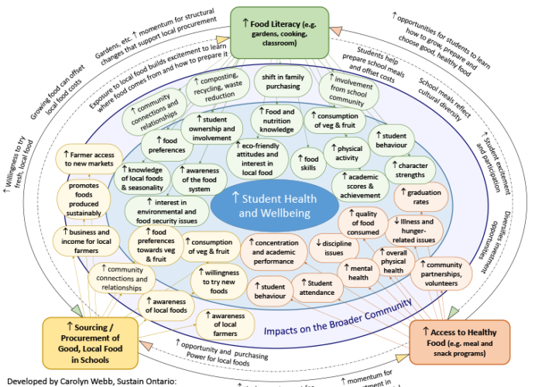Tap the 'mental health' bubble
pos(358,272)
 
